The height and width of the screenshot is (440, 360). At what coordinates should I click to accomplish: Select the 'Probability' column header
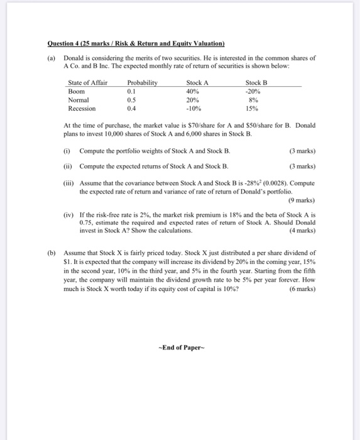click(x=142, y=82)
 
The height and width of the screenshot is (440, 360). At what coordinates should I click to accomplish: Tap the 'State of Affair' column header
click(x=87, y=82)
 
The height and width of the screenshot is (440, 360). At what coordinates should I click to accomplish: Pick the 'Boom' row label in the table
click(x=76, y=91)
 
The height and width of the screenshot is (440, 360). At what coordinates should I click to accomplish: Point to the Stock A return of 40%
click(x=193, y=91)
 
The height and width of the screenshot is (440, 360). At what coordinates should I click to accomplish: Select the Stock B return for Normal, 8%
click(x=253, y=99)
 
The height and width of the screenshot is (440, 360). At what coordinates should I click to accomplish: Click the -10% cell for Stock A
click(x=194, y=108)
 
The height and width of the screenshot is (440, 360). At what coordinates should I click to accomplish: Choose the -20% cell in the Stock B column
click(x=253, y=91)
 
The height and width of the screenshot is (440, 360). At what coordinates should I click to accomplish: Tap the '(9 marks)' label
click(x=302, y=200)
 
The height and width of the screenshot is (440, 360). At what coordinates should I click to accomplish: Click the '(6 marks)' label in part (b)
click(x=302, y=289)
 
